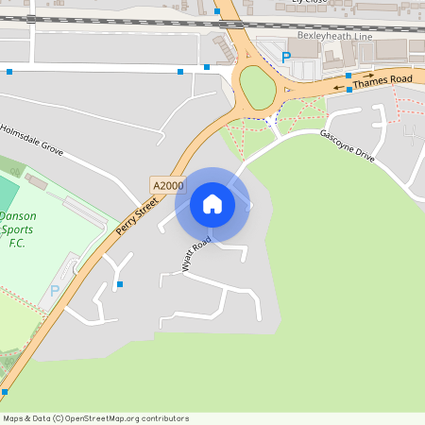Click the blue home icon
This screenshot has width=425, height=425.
pyautogui.click(x=212, y=204)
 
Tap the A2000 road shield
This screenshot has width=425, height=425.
pyautogui.click(x=167, y=186)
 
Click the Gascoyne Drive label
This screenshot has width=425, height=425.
pyautogui.click(x=348, y=144)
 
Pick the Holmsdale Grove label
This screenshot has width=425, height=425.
pyautogui.click(x=32, y=140)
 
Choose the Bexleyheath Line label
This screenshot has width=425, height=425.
pyautogui.click(x=334, y=36)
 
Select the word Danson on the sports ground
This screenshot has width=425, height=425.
pyautogui.click(x=17, y=215)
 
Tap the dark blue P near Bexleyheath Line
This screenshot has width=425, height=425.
pyautogui.click(x=286, y=57)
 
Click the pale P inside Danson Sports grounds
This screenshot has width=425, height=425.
pyautogui.click(x=54, y=291)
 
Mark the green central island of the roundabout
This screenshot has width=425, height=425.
pyautogui.click(x=257, y=87)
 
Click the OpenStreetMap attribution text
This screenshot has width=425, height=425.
pyautogui.click(x=95, y=417)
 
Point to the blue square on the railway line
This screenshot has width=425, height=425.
pyautogui.click(x=217, y=11)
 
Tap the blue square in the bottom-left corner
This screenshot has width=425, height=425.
pyautogui.click(x=5, y=391)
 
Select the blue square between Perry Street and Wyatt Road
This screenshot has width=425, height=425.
pyautogui.click(x=120, y=283)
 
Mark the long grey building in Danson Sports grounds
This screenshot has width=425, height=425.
pyautogui.click(x=37, y=179)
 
